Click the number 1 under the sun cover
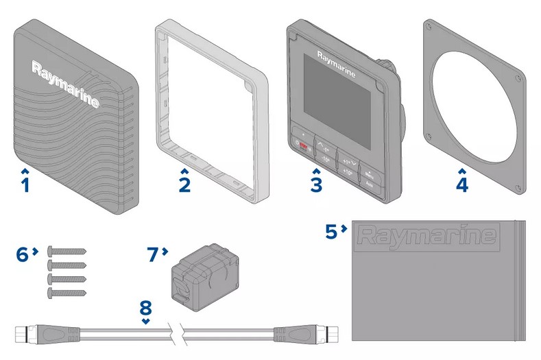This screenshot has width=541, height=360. [x=25, y=184]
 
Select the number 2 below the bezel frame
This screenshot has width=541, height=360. [x=184, y=184]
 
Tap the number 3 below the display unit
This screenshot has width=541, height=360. [x=315, y=184]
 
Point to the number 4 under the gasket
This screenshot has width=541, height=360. [x=462, y=184]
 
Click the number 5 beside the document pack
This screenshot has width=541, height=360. [x=332, y=232]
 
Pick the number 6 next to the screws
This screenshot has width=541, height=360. [x=23, y=254]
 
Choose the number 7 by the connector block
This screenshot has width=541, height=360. [x=154, y=254]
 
